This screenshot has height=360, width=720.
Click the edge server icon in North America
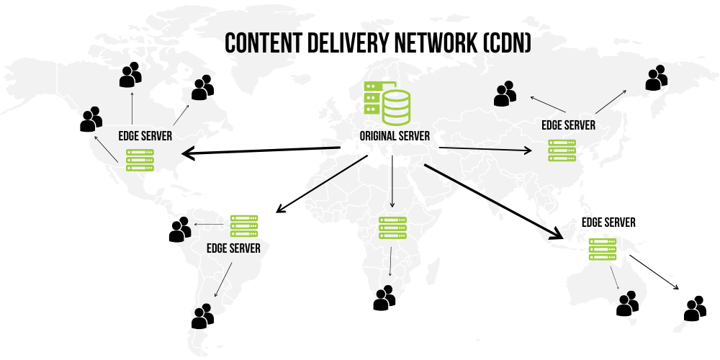tap(140, 159)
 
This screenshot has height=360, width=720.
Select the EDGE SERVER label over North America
tap(145, 135)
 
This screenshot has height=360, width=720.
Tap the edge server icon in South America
tap(244, 225)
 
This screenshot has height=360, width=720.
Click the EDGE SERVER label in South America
tap(233, 248)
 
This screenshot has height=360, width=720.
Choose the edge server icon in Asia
tap(562, 150)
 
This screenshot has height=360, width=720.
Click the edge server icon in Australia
tap(603, 249)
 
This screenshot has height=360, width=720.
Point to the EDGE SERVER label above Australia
tap(608, 222)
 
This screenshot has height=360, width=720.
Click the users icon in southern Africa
tap(384, 298)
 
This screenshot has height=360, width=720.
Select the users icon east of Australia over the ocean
tap(694, 308)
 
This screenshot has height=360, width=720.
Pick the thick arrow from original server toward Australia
tap(493, 202)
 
